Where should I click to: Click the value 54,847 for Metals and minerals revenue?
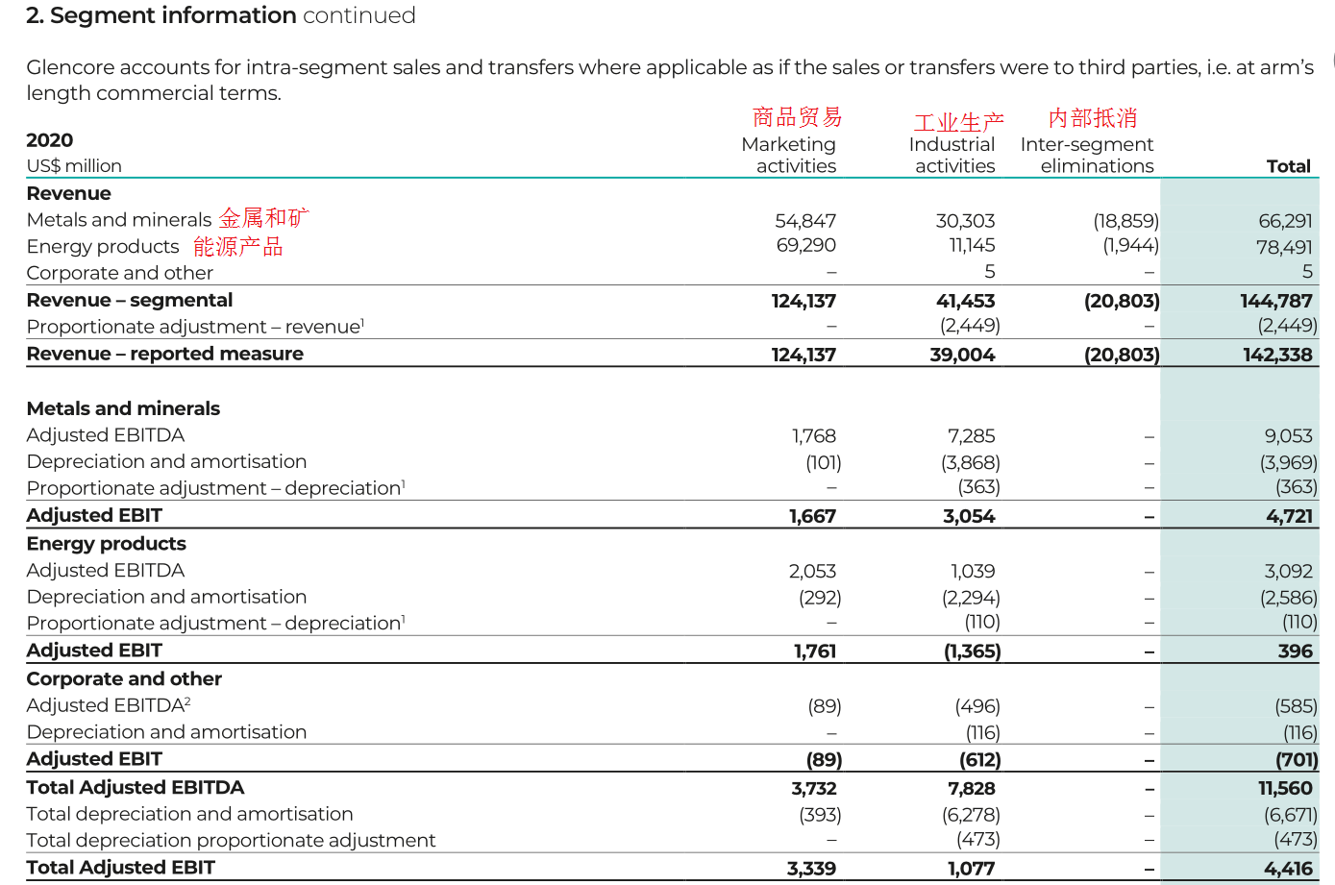click(x=805, y=221)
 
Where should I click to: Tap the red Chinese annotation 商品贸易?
click(x=797, y=117)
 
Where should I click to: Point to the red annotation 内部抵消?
click(x=1093, y=118)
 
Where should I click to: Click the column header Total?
click(x=1288, y=166)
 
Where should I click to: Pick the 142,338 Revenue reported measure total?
click(x=1277, y=355)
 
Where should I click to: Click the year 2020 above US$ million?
click(x=50, y=140)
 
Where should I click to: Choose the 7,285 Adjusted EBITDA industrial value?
click(x=971, y=436)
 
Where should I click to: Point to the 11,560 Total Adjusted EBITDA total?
click(x=1285, y=789)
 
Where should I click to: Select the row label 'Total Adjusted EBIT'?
click(x=121, y=868)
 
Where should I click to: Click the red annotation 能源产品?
click(x=238, y=247)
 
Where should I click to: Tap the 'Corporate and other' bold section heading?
click(x=124, y=679)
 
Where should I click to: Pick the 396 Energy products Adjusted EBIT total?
click(x=1295, y=651)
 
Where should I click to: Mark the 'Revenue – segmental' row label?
click(x=130, y=301)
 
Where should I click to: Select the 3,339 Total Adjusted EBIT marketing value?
click(x=811, y=869)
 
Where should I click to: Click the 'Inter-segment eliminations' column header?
click(x=1087, y=155)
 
